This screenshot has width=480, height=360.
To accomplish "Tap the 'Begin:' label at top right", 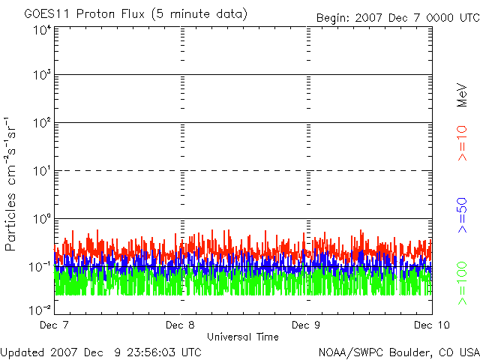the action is coord(332,18).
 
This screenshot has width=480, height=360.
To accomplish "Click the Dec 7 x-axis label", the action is coord(54,325).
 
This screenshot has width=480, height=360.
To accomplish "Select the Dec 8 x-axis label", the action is coord(180,325).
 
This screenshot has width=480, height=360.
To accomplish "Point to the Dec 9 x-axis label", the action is coord(306,325).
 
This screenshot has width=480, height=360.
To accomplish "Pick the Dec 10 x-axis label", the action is coord(432,325).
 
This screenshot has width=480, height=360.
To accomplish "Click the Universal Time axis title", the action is coord(243,337).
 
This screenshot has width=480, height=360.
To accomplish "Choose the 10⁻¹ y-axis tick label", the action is coord(40,267).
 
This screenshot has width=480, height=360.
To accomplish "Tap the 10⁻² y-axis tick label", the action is coord(40,310).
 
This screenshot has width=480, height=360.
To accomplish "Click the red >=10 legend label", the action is coord(462,143).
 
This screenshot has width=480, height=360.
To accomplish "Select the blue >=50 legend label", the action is coord(462,215).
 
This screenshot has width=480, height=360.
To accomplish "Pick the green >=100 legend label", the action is coord(462,283).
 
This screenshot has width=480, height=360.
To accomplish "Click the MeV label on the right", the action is coord(462,95).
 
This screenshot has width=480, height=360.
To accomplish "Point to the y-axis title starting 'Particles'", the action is coord(10,184).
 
